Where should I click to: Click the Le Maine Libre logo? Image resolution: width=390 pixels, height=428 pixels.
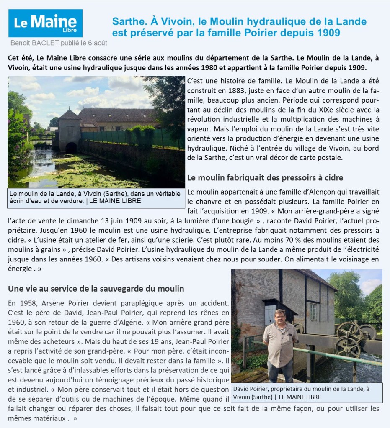click(x=45, y=23)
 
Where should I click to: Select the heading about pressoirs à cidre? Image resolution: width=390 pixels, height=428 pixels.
click(x=265, y=177)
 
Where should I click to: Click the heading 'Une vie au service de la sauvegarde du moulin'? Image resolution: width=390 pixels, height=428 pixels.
click(x=96, y=289)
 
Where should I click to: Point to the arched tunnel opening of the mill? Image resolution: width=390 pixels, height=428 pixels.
click(x=71, y=147)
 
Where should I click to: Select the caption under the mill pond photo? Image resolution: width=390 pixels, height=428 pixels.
click(x=96, y=197)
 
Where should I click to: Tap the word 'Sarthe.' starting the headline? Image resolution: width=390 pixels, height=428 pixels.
click(x=127, y=21)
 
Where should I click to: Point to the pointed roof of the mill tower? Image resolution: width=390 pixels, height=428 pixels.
click(x=70, y=114)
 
